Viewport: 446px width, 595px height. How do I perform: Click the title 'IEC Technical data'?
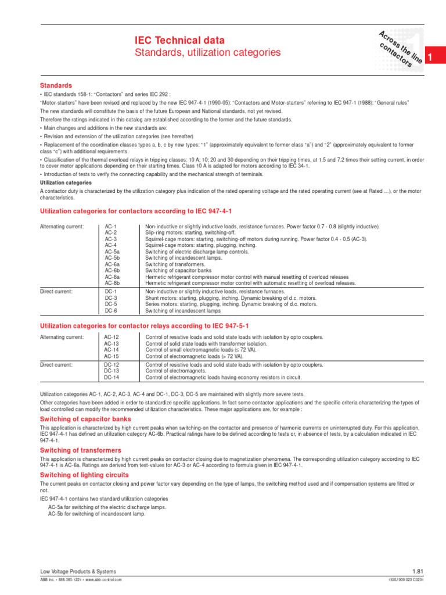click(179, 40)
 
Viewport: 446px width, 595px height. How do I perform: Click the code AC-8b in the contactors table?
click(112, 283)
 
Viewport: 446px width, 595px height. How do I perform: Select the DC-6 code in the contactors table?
click(111, 310)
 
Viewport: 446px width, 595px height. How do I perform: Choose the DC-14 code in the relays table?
click(111, 377)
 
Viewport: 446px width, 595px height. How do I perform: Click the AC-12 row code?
click(111, 337)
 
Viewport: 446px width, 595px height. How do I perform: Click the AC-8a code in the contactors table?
click(112, 277)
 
